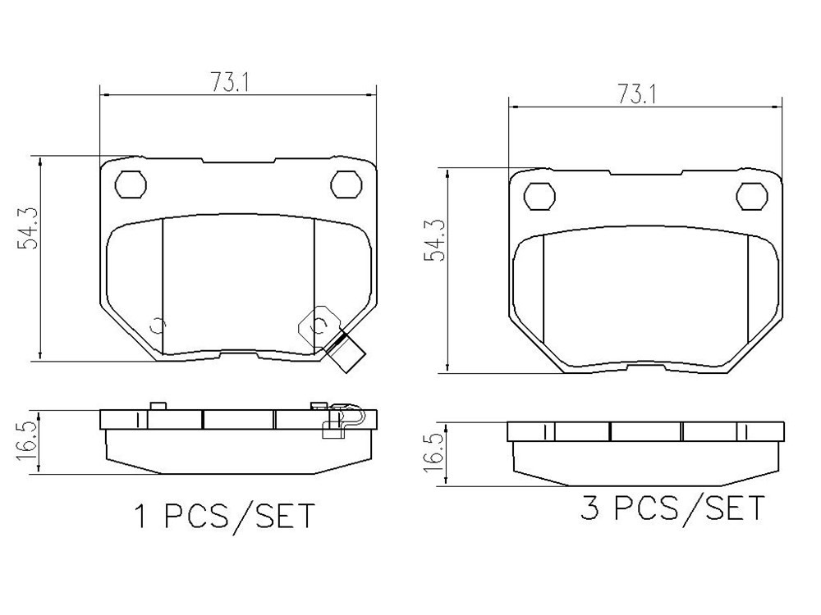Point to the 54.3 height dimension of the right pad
(436, 239)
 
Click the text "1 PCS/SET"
(225, 516)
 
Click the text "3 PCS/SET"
(672, 508)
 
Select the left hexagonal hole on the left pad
(131, 184)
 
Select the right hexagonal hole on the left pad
(346, 184)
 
